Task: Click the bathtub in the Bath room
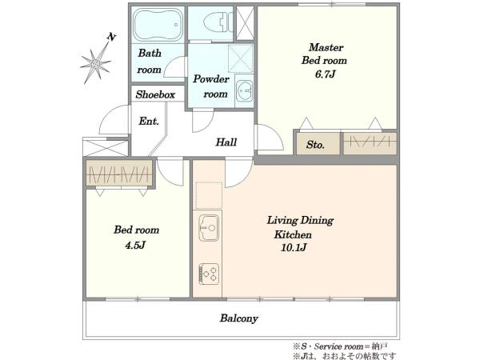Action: point(158,25)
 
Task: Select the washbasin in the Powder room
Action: point(244,91)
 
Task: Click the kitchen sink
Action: point(209,227)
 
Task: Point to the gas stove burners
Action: point(209,274)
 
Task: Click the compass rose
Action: point(95,63)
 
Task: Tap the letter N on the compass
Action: point(111,37)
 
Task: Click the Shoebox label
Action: point(155,94)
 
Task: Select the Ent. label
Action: point(149,122)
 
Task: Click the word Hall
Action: point(226,142)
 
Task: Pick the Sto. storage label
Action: point(315,145)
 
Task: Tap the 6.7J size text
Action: point(325,74)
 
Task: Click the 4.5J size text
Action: point(135,246)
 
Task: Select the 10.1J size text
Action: point(294,247)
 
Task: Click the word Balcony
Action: point(238,318)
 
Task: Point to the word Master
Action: point(326,47)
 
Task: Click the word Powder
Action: point(211,79)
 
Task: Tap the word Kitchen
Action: point(293,234)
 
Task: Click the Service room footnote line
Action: point(340,346)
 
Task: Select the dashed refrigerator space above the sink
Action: point(209,195)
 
